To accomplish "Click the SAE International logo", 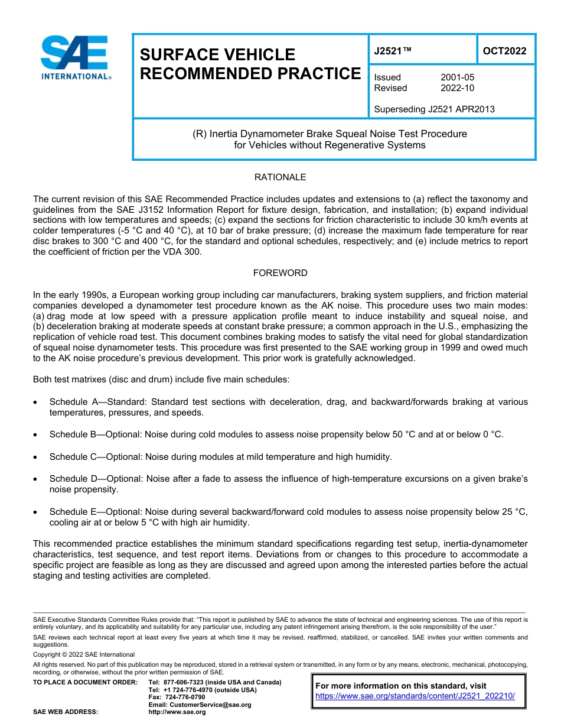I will coord(75,57).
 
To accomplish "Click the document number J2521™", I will coord(393,51).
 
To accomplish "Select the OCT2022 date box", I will coord(504,51).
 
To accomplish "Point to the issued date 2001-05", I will coord(457,77).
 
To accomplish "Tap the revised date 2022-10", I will coord(457,88).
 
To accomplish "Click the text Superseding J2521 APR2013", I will coord(434,109).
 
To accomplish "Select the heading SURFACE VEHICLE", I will coord(217,55).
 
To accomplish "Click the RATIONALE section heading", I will coord(280,177).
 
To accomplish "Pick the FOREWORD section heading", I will coord(280,273).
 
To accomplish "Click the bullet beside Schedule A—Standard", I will coord(36,402).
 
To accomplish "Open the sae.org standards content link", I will coord(415,696).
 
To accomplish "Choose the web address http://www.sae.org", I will coord(177,712).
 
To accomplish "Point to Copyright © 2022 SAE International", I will coord(84,654).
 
